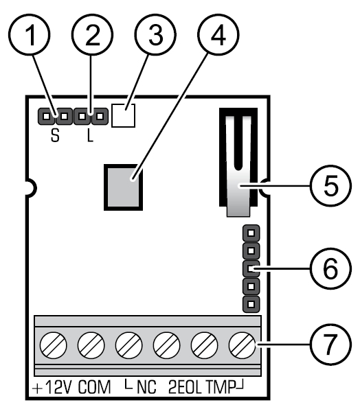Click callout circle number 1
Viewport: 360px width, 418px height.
(30, 35)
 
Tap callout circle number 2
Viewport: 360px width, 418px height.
(92, 35)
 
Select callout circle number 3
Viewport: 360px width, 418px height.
(155, 35)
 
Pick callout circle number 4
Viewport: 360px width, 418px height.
(218, 35)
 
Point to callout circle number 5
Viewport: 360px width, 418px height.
(330, 186)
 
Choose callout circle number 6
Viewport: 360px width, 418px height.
(330, 269)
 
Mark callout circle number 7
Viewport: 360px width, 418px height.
(330, 345)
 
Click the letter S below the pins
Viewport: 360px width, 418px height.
(55, 136)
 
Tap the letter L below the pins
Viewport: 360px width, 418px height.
(90, 136)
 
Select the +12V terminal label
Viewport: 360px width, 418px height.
(52, 387)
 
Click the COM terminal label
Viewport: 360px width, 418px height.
(94, 387)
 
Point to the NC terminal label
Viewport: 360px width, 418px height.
(146, 387)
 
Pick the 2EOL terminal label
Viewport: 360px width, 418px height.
(185, 387)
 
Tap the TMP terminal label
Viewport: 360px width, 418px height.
(221, 387)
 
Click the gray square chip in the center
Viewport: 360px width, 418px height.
(123, 187)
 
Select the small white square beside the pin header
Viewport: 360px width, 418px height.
(123, 115)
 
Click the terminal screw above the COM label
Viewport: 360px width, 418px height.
(91, 345)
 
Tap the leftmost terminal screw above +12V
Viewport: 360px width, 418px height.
(53, 345)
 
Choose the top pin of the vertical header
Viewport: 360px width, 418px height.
(251, 233)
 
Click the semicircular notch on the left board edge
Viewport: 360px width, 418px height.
(31, 188)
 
